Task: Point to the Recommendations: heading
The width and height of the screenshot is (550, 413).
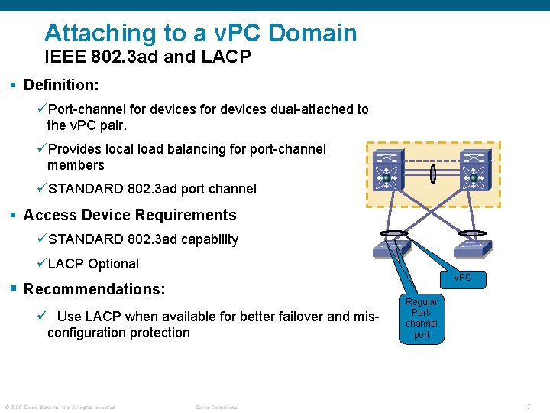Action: tap(95, 289)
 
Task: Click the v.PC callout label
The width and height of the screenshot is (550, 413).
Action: tap(463, 278)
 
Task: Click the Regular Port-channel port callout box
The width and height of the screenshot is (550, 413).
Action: tap(422, 318)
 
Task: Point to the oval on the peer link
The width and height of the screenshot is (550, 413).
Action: tap(432, 175)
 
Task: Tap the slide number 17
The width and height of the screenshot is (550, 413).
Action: tap(527, 406)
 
